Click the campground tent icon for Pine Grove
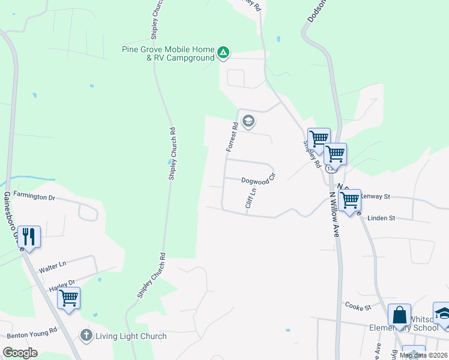[223, 53]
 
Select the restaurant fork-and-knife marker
[29, 235]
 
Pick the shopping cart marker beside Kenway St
[349, 199]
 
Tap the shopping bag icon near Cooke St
[399, 314]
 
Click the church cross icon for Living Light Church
[87, 335]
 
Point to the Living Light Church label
[131, 336]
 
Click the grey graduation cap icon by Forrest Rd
[249, 122]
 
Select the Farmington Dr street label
[34, 196]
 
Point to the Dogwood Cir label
[258, 179]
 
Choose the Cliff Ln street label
[251, 198]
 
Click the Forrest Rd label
[232, 136]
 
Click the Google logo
[20, 353]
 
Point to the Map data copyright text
[424, 355]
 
